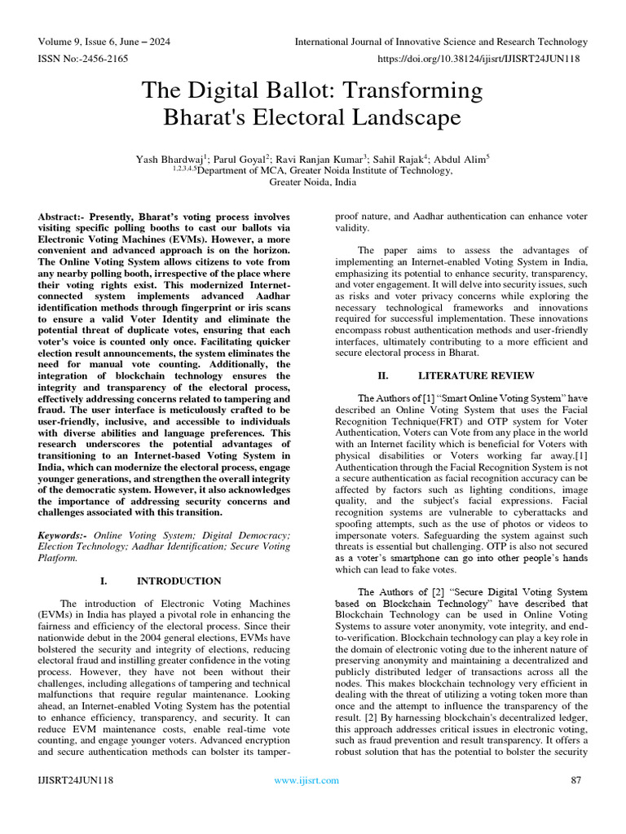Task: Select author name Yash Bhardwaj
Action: coord(169,160)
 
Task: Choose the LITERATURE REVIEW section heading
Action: coord(476,375)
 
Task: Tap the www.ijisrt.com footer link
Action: coord(306,780)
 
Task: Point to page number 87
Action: coord(575,780)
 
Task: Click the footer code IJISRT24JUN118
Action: coord(75,780)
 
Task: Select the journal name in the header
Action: coord(441,42)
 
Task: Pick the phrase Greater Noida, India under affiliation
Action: coord(311,183)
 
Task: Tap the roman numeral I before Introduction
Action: coord(103,581)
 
